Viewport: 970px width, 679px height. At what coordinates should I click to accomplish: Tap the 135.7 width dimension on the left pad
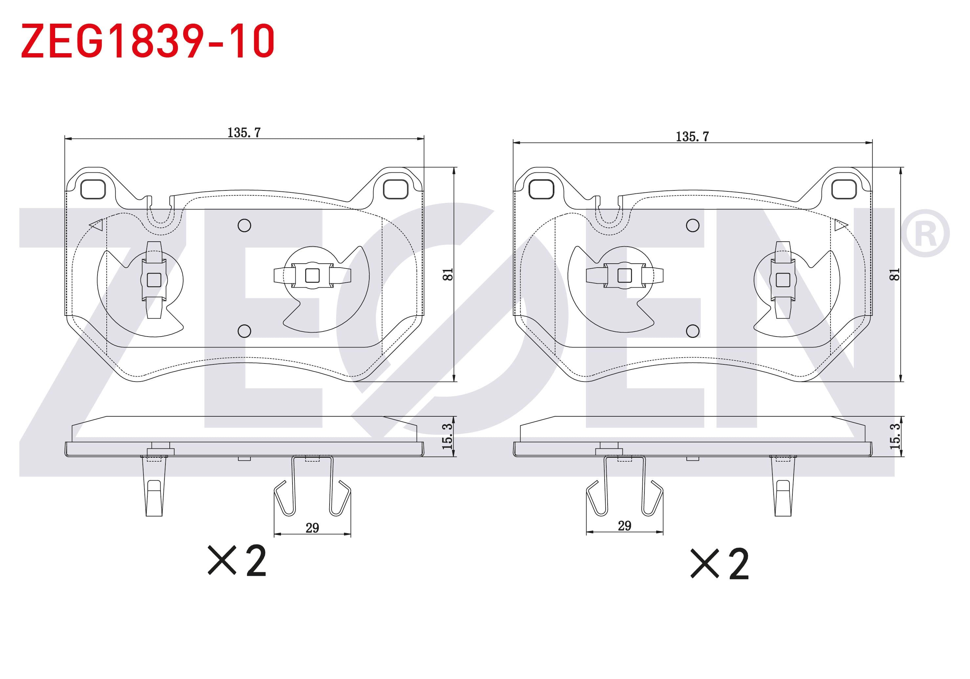coord(244,133)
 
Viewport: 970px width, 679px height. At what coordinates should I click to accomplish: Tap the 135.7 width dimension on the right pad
coord(692,137)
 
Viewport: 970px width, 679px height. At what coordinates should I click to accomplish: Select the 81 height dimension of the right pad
coord(895,274)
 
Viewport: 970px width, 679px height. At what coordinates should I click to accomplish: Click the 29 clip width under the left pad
coord(312,528)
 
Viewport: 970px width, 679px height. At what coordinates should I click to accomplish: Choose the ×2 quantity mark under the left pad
coord(237,561)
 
